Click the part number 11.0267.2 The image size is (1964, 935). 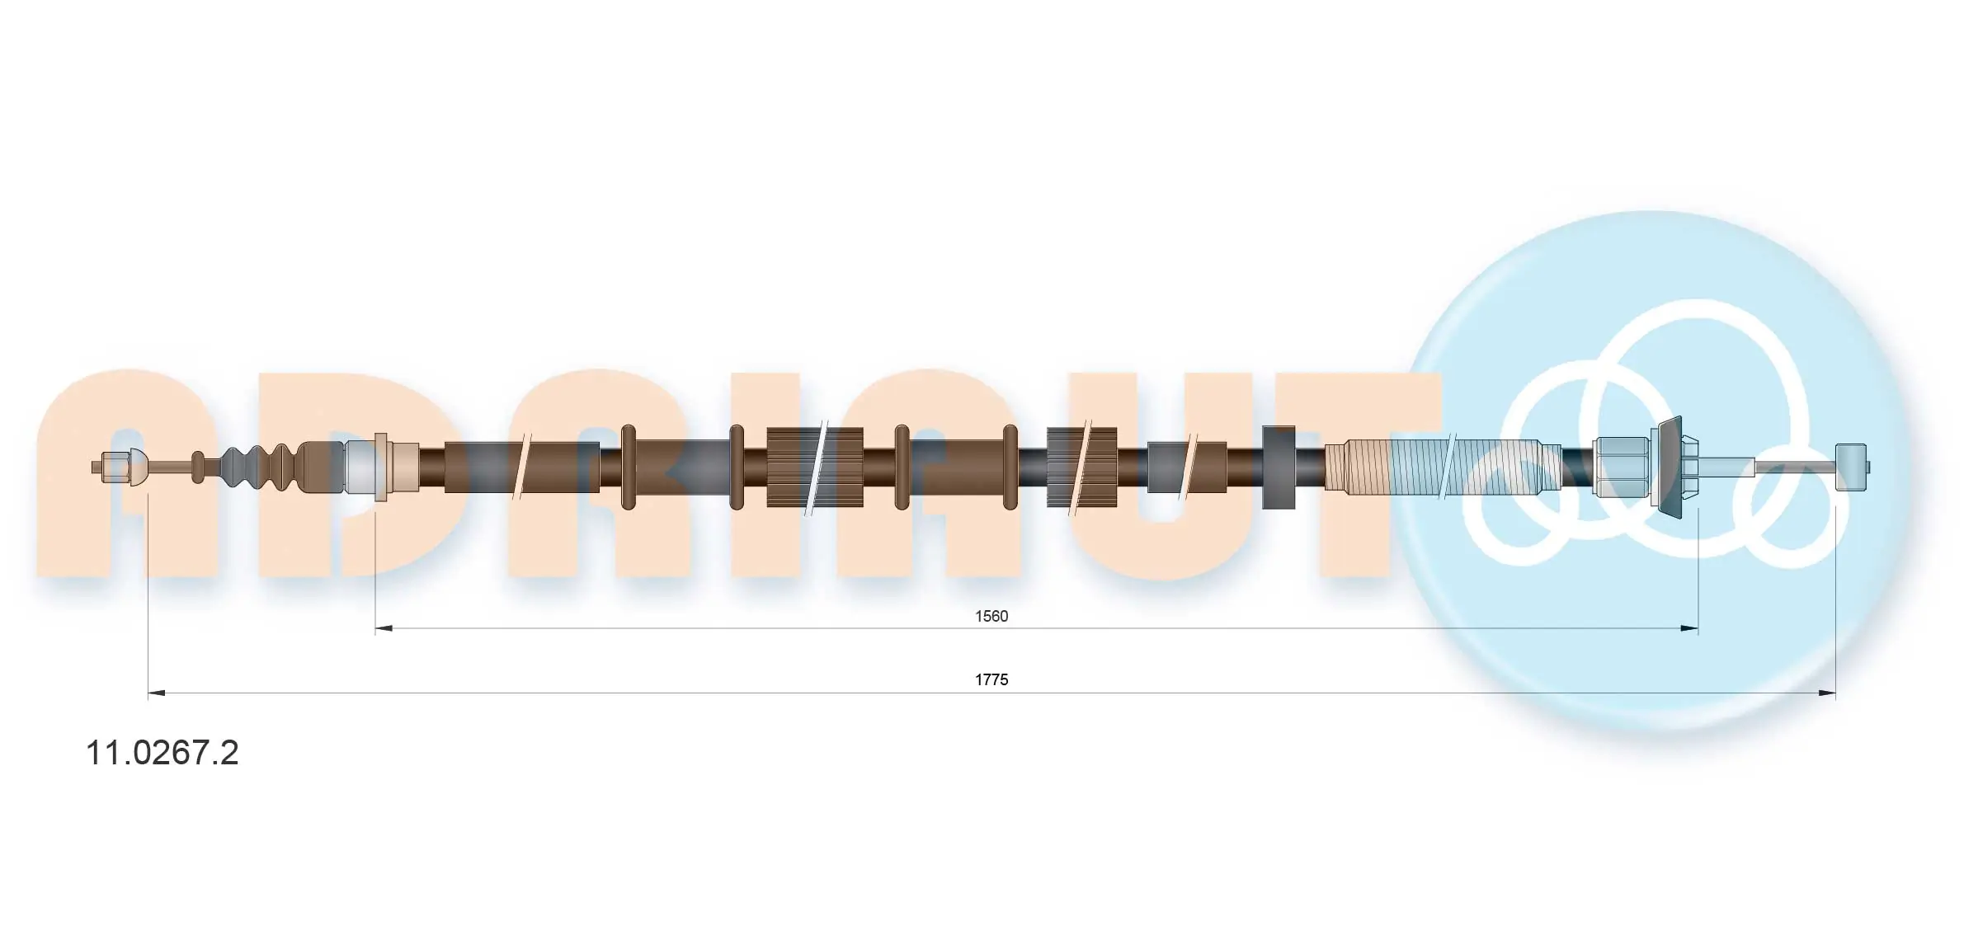pos(162,752)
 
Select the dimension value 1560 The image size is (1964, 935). pos(991,616)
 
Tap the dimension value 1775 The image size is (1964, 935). pos(991,679)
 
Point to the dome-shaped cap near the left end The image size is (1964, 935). pos(139,467)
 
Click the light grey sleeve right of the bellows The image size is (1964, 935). pos(360,467)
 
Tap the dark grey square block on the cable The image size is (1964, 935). pos(1279,467)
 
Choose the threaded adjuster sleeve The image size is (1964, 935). pos(1442,467)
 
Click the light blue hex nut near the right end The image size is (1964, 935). pos(1623,467)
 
